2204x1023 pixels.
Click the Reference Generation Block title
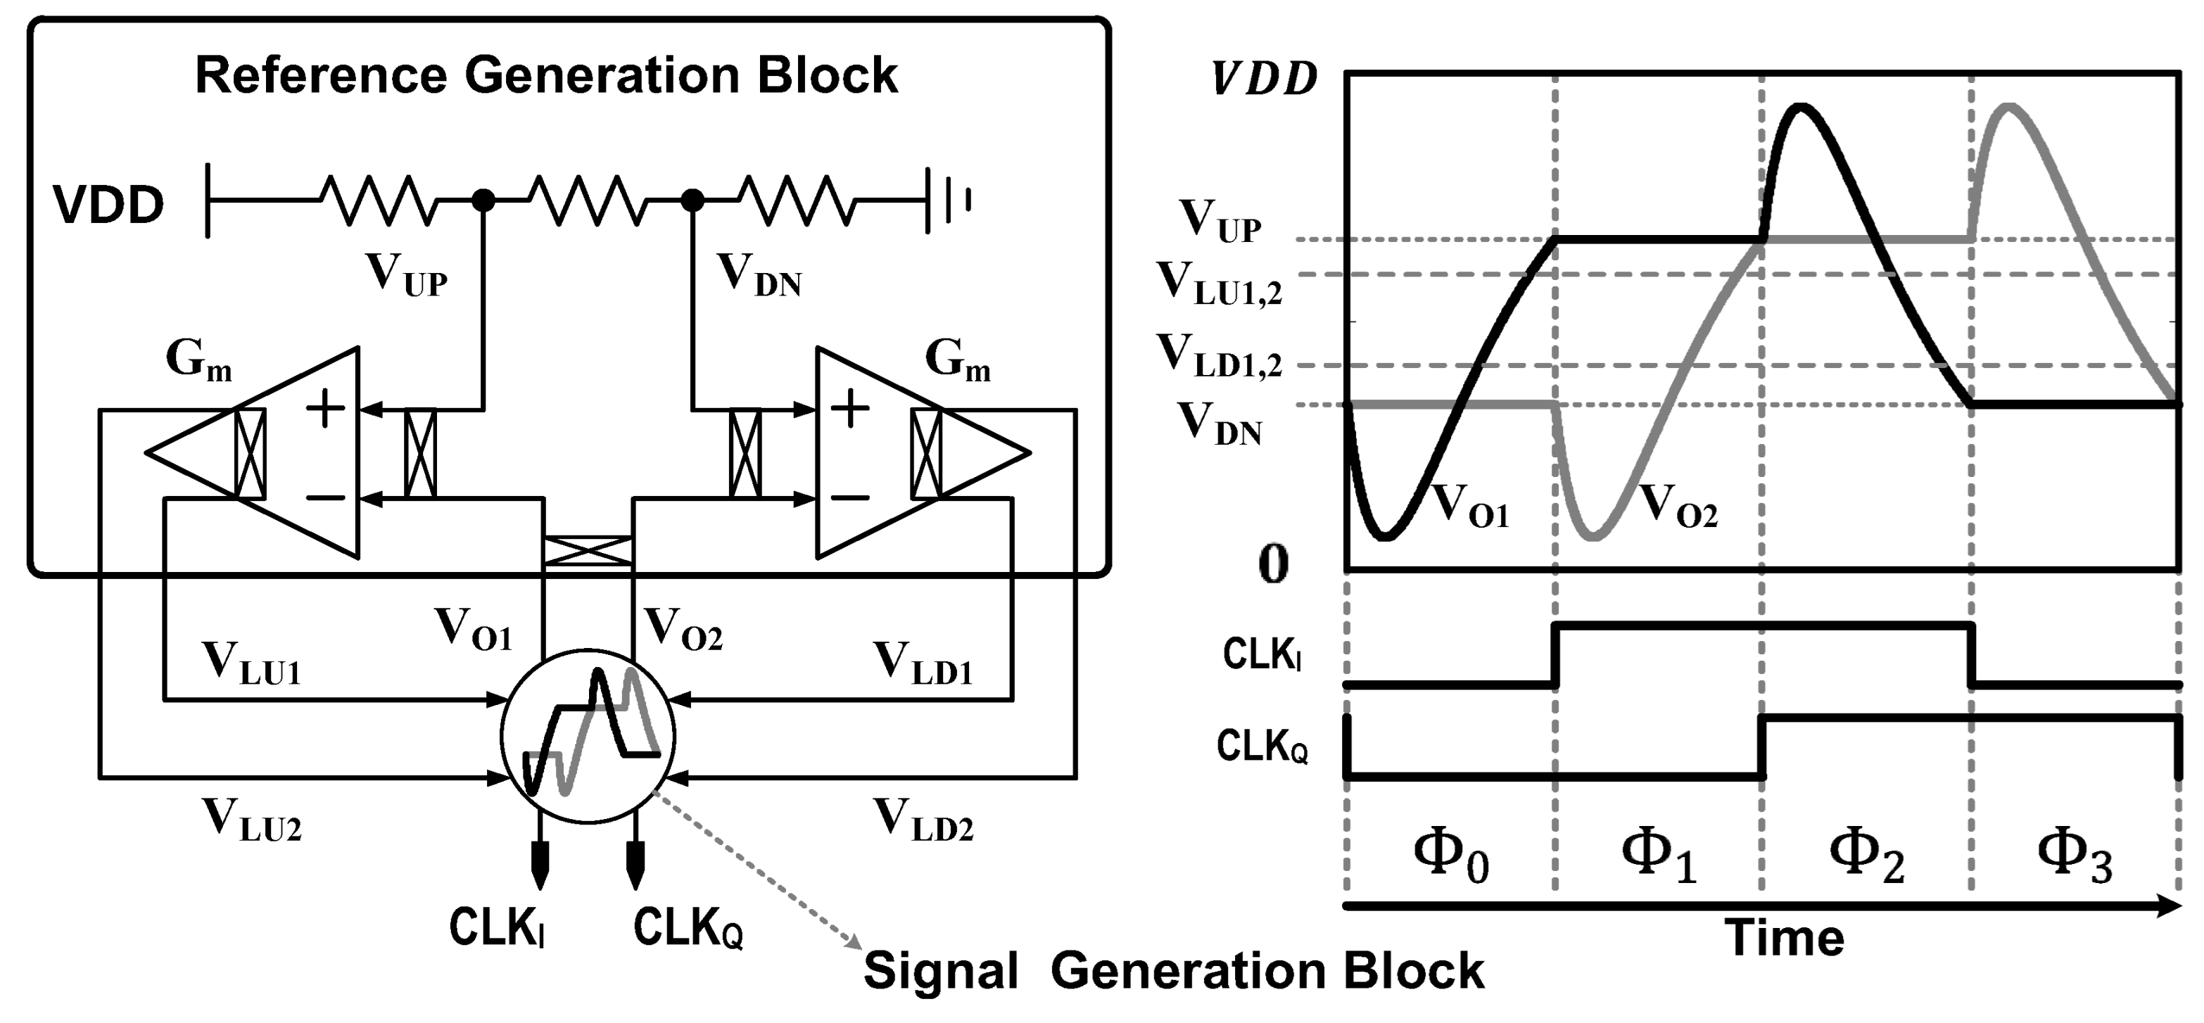[546, 75]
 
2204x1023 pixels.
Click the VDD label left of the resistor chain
[108, 205]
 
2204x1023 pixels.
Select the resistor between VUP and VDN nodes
[588, 201]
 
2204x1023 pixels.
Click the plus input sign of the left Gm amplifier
[325, 408]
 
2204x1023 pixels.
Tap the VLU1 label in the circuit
[251, 663]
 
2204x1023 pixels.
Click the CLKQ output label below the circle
[687, 927]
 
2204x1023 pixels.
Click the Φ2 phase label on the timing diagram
[1866, 858]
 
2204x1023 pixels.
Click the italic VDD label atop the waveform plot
[1265, 80]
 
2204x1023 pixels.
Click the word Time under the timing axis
[1783, 939]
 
